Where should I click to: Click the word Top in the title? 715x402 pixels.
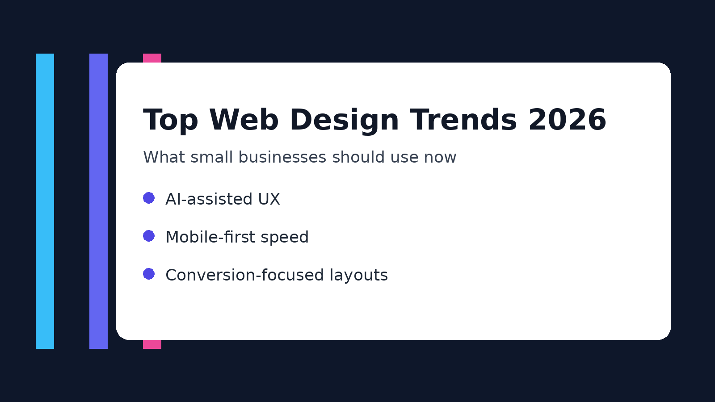click(x=170, y=121)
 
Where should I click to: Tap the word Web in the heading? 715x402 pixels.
click(x=244, y=121)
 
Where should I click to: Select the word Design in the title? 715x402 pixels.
click(x=344, y=121)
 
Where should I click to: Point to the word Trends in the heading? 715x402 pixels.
click(x=463, y=121)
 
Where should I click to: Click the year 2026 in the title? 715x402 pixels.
click(x=567, y=121)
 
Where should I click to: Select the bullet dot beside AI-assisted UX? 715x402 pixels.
click(x=149, y=198)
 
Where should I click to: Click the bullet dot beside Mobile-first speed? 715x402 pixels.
click(x=149, y=236)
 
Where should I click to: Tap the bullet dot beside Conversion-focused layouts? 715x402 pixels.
click(x=149, y=274)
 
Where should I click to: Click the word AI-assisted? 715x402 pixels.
click(x=209, y=199)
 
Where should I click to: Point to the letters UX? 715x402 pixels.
click(x=269, y=199)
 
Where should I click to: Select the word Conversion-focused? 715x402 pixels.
click(x=244, y=275)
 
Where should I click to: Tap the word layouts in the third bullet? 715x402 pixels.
click(x=359, y=276)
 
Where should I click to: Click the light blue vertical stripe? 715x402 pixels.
click(x=45, y=201)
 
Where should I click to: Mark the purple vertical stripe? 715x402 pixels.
click(x=98, y=201)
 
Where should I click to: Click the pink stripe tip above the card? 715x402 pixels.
click(x=152, y=58)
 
